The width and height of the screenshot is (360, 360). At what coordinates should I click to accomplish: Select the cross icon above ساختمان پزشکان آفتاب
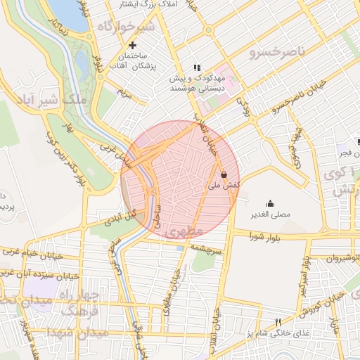tap(131, 46)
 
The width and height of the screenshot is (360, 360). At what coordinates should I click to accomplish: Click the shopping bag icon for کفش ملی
tap(223, 174)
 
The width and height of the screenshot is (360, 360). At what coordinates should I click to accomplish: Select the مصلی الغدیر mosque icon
tap(271, 202)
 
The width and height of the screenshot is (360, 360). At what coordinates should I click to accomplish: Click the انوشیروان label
tap(341, 259)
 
